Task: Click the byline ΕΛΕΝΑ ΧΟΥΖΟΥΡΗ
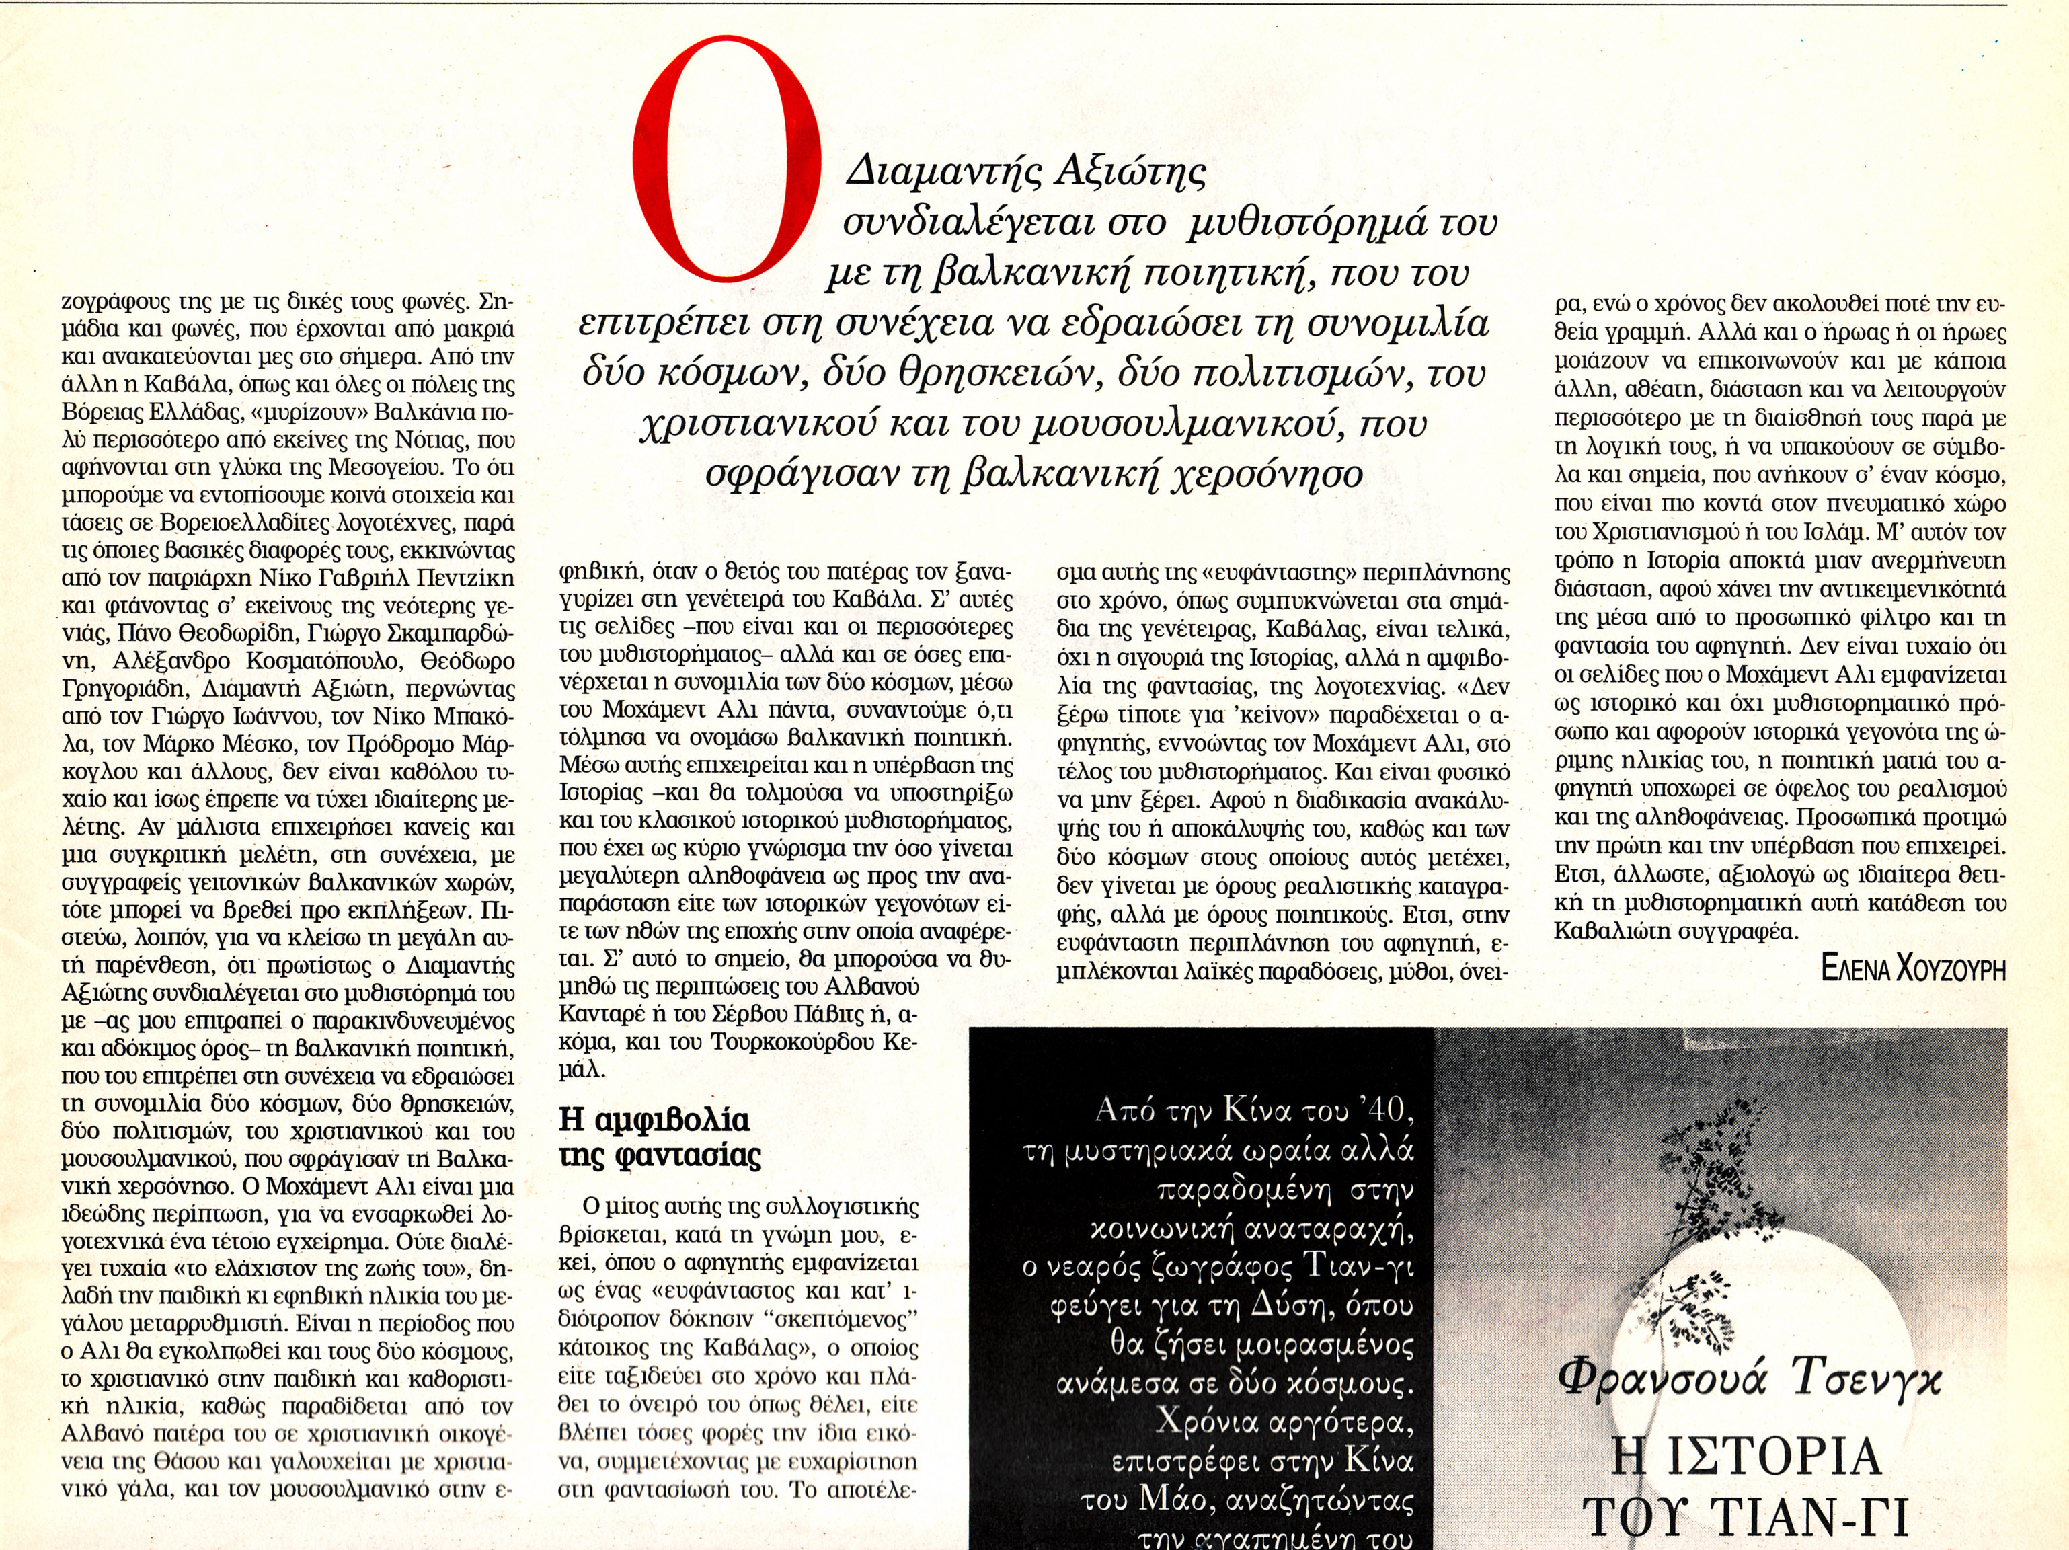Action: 1913,968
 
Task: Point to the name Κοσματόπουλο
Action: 320,660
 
